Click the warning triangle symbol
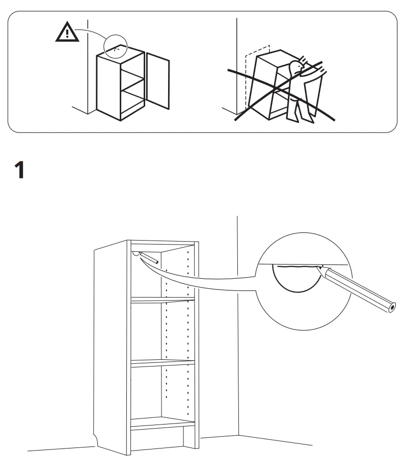point(67,33)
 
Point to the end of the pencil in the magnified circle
point(391,306)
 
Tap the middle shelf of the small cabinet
point(133,81)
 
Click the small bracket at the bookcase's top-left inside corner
point(135,252)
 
